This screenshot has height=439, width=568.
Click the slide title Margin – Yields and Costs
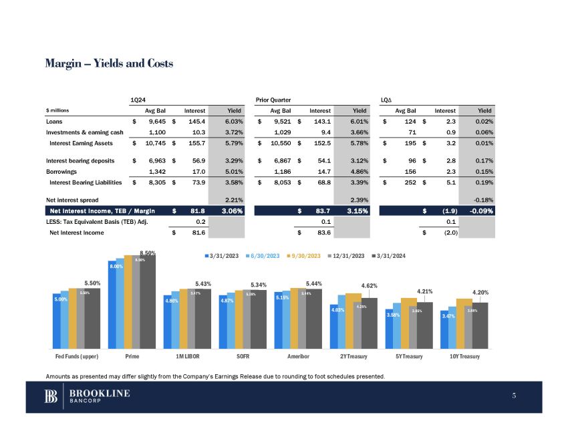coord(109,63)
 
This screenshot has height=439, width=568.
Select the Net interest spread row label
coord(72,199)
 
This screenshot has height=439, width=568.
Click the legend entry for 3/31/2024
coord(394,255)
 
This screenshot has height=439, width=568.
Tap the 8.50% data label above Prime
coord(148,253)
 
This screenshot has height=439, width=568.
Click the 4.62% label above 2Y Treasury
coord(369,285)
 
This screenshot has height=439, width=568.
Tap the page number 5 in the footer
coord(515,396)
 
